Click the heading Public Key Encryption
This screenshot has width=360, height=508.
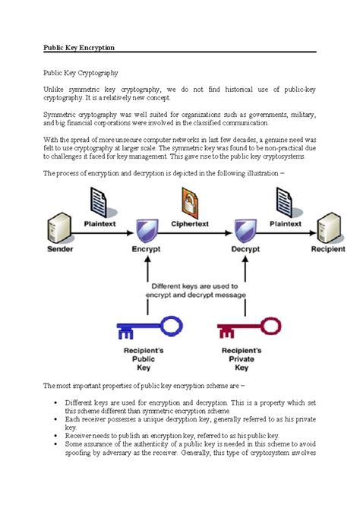tap(79, 47)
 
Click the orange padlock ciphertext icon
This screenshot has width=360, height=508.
tap(190, 203)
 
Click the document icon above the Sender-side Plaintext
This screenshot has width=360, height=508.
tap(101, 201)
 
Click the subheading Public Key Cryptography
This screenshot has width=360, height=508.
tap(81, 72)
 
